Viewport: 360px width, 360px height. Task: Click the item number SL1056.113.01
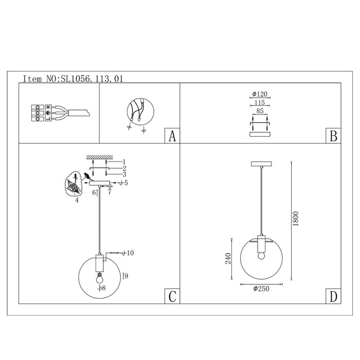[92, 79]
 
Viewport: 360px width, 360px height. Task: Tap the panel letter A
[172, 136]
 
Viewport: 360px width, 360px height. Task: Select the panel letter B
[333, 136]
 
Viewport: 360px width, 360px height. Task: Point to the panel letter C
[172, 296]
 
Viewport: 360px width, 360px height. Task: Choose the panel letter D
[333, 296]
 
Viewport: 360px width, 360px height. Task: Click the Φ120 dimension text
[260, 94]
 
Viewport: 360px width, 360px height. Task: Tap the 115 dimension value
[259, 103]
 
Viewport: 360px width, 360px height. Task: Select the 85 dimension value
[260, 111]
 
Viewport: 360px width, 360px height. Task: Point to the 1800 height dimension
[296, 219]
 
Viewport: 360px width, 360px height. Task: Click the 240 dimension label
[228, 258]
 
